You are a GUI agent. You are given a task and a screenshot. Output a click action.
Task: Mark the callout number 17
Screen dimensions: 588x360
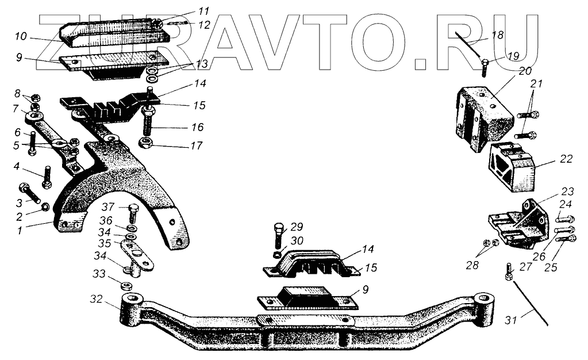197,146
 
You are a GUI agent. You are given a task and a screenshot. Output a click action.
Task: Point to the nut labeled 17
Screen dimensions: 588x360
146,143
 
